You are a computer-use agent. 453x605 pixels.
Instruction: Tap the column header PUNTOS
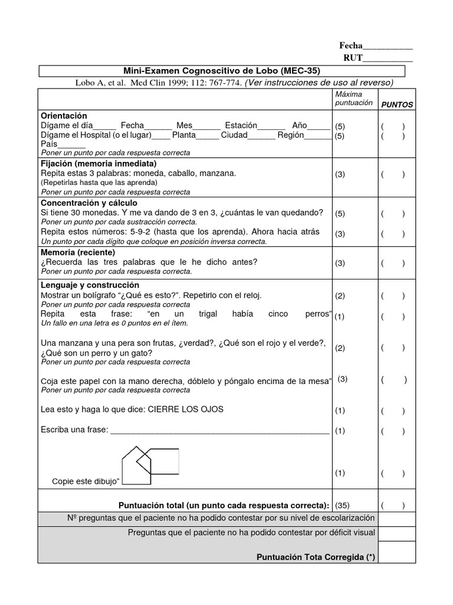(396, 105)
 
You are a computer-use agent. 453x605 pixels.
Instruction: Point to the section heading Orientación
(64, 116)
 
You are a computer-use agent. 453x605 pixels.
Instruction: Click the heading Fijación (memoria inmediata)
(99, 163)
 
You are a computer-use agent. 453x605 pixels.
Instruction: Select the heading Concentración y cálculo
(88, 203)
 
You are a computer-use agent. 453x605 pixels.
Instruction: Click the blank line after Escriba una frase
(219, 431)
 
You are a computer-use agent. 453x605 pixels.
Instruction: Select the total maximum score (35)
(342, 505)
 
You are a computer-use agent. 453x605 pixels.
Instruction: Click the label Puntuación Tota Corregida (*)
(316, 557)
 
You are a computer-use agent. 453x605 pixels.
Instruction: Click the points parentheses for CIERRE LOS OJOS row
(393, 411)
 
